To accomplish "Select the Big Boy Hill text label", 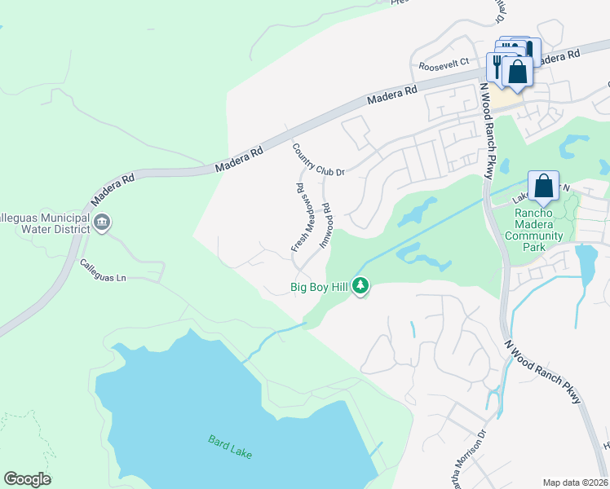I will coord(320,287).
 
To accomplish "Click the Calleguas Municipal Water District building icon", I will coord(102,222).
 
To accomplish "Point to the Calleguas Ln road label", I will coord(103,271).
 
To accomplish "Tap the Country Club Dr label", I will coord(319,160).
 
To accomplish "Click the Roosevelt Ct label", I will coord(444,63).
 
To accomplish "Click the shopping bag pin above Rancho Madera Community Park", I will coord(543,187).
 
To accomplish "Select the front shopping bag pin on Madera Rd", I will coord(517,72).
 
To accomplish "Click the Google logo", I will coord(27,479).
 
